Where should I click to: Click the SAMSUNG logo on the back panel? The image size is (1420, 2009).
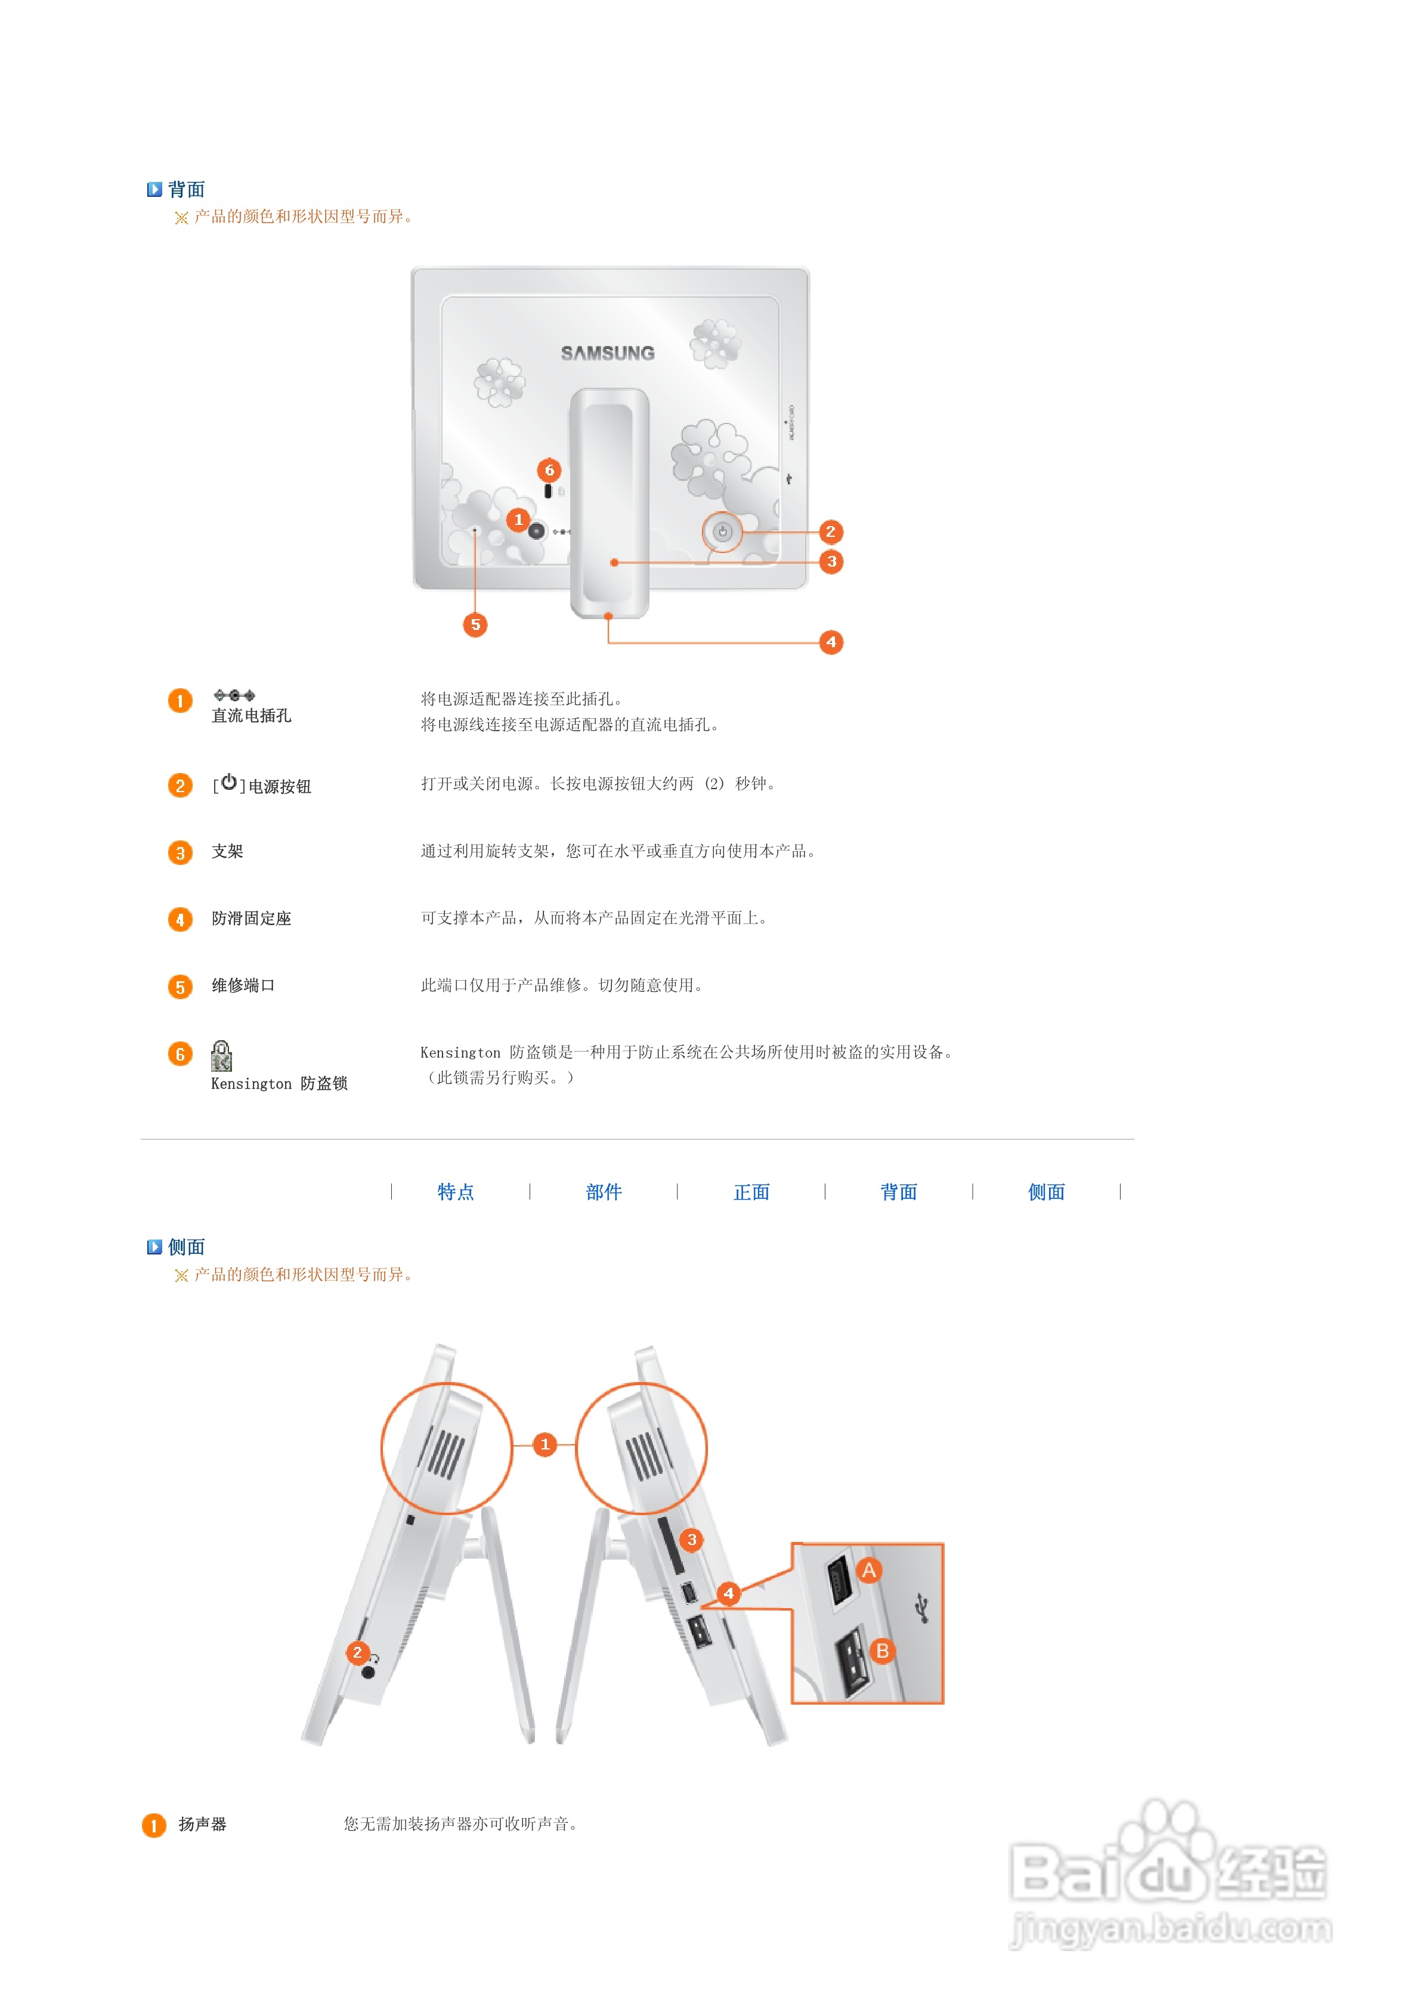pos(607,353)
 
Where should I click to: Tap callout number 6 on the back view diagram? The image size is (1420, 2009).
pos(549,470)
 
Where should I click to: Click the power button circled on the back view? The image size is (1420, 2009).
pos(722,531)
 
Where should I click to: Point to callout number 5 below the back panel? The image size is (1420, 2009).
pos(475,625)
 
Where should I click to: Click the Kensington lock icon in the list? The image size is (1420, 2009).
pos(221,1056)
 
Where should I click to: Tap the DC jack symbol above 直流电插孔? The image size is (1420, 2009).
pos(234,695)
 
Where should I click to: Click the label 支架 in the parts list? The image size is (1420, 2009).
pos(227,851)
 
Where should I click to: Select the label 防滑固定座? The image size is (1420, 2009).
pos(251,919)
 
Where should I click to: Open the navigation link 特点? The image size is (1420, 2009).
pos(456,1192)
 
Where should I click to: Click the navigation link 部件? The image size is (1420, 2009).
pos(604,1192)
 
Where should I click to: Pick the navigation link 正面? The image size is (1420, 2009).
pos(751,1192)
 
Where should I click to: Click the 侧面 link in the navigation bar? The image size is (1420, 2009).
pos(1047,1192)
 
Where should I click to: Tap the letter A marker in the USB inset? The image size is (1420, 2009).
pos(869,1571)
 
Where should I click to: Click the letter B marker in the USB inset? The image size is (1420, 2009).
pos(882,1651)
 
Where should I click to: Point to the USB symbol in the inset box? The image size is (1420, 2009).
pos(921,1608)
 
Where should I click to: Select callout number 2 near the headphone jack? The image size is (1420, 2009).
pos(357,1652)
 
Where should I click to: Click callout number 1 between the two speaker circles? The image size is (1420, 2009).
pos(545,1444)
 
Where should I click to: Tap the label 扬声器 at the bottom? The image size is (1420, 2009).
pos(202,1824)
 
